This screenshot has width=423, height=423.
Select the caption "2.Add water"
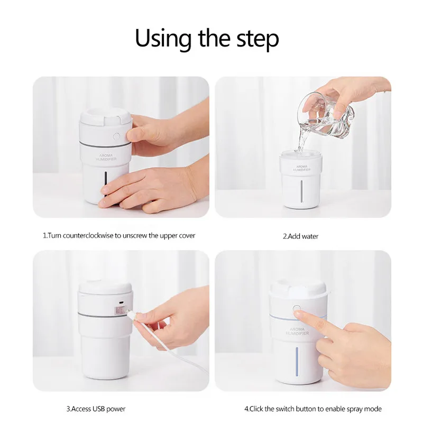pyautogui.click(x=300, y=236)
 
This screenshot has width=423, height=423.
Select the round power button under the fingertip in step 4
pyautogui.click(x=297, y=308)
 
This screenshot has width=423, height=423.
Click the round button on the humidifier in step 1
pyautogui.click(x=116, y=136)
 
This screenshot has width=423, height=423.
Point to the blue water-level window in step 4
pyautogui.click(x=297, y=362)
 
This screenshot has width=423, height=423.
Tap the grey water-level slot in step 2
pyautogui.click(x=301, y=191)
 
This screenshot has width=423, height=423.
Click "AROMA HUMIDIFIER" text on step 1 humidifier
pyautogui.click(x=106, y=157)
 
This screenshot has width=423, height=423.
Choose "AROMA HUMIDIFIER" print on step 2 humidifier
pyautogui.click(x=302, y=168)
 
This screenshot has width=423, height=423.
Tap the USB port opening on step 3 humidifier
pyautogui.click(x=121, y=302)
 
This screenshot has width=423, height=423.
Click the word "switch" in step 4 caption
pyautogui.click(x=284, y=409)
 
